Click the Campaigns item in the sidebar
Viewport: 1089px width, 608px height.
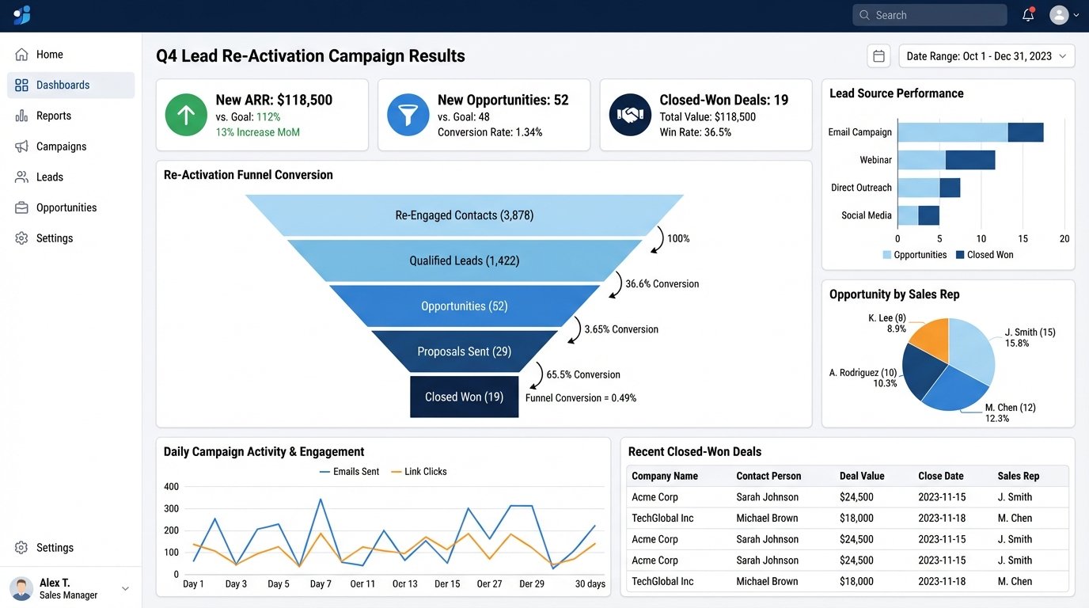pos(61,146)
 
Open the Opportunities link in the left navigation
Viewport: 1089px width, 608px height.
pos(66,207)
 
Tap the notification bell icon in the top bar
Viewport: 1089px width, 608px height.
pos(1028,15)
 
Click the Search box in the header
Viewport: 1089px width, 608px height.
pos(930,15)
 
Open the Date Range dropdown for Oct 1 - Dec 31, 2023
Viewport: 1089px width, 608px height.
pos(986,56)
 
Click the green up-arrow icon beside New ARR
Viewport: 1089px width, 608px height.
pos(185,116)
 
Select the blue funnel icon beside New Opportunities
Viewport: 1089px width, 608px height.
pos(408,116)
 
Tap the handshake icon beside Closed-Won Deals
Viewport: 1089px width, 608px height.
pos(629,116)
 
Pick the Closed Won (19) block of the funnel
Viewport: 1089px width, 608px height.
pos(464,397)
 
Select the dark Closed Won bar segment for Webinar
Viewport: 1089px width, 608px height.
pos(970,160)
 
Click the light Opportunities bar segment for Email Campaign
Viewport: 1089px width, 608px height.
pos(952,132)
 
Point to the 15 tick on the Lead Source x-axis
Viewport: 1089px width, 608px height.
pos(1023,238)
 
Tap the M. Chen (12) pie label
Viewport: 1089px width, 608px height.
pos(1010,408)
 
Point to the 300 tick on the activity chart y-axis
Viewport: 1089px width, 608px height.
pos(171,509)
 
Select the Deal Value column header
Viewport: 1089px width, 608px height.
pos(862,476)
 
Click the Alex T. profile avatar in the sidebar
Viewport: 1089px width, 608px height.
pos(21,588)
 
